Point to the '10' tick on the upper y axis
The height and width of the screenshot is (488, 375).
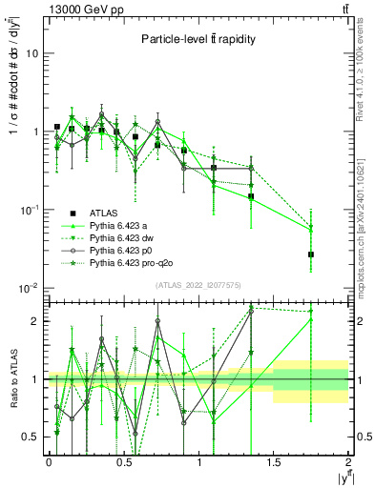pyautogui.click(x=31, y=53)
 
